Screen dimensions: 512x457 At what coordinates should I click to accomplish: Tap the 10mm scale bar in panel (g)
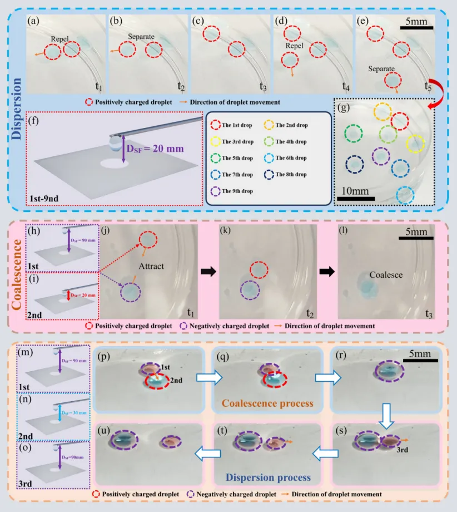point(355,196)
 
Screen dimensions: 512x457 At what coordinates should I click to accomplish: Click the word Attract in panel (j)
point(152,266)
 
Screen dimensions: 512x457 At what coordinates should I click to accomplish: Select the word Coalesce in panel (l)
point(386,275)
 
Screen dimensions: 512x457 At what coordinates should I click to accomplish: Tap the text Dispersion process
point(263,477)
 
